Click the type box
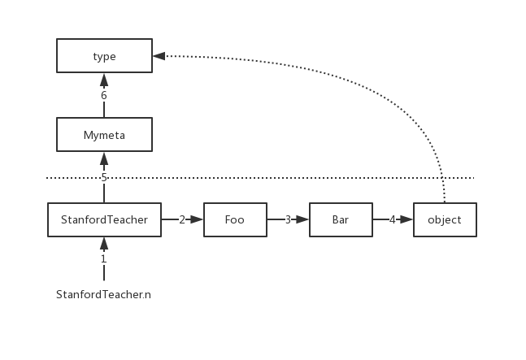point(104,56)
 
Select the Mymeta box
point(104,135)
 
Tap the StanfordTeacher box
point(104,219)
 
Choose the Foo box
point(235,219)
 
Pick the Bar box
point(341,219)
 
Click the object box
point(445,219)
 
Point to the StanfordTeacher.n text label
point(104,294)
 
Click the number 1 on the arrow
point(104,259)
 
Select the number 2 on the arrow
point(182,219)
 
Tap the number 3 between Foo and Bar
point(288,219)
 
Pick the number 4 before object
point(393,219)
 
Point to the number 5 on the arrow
point(104,177)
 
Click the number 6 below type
point(104,95)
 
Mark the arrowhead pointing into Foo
point(197,219)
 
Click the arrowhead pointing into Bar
point(302,219)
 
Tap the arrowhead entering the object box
point(406,219)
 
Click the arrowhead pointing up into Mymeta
point(104,158)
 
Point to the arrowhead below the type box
point(104,79)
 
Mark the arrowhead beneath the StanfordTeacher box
point(104,242)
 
